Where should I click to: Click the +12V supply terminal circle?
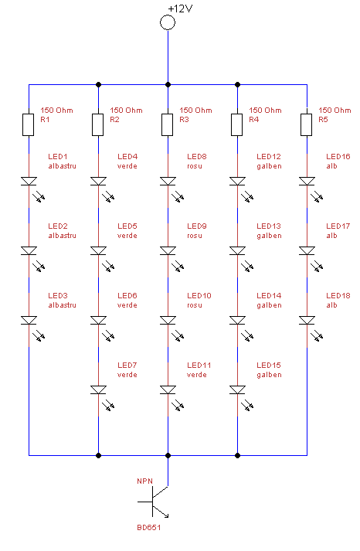pyautogui.click(x=168, y=23)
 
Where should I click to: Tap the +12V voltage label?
pyautogui.click(x=181, y=9)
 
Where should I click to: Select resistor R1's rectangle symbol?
pyautogui.click(x=29, y=124)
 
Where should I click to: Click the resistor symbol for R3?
pyautogui.click(x=168, y=124)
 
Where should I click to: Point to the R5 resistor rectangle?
pyautogui.click(x=307, y=124)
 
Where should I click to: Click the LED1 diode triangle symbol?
pyautogui.click(x=29, y=181)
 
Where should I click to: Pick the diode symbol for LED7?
pyautogui.click(x=98, y=389)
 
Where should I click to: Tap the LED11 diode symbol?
pyautogui.click(x=168, y=389)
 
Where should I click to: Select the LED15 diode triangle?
pyautogui.click(x=237, y=389)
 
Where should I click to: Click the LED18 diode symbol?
pyautogui.click(x=307, y=320)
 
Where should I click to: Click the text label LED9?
pyautogui.click(x=197, y=226)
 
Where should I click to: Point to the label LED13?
pyautogui.click(x=269, y=226)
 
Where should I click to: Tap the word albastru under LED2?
pyautogui.click(x=62, y=236)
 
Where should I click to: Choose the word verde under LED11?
pyautogui.click(x=197, y=375)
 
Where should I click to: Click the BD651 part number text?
pyautogui.click(x=149, y=528)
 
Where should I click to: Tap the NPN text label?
pyautogui.click(x=144, y=481)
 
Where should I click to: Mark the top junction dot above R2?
pyautogui.click(x=98, y=85)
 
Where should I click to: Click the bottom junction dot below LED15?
pyautogui.click(x=237, y=455)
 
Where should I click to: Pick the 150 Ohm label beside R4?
pyautogui.click(x=265, y=111)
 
